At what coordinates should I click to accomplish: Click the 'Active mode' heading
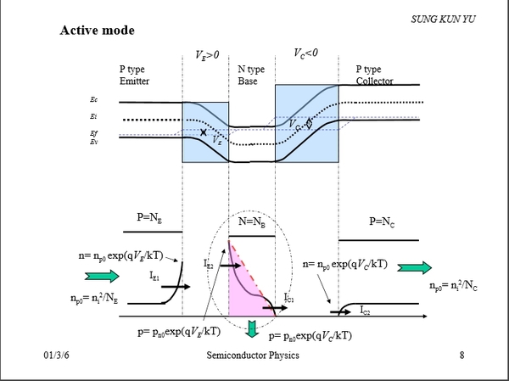pos(97,31)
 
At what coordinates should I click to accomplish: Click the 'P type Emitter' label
pos(140,75)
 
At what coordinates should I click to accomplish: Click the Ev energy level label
pos(93,142)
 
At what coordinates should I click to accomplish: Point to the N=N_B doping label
pos(253,224)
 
